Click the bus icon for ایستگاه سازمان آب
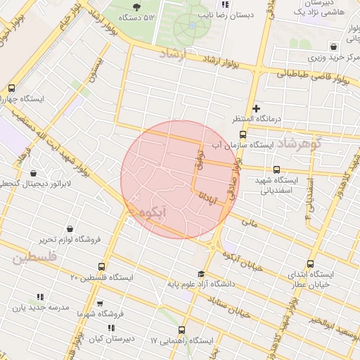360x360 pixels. [x=243, y=134]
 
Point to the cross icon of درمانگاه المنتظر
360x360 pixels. [x=257, y=109]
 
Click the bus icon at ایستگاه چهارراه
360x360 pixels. [x=12, y=89]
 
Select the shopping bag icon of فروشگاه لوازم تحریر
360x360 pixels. [x=70, y=229]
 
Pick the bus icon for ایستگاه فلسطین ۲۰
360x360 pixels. [x=102, y=267]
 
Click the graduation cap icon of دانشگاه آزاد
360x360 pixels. [x=201, y=274]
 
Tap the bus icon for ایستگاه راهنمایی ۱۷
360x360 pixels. [x=182, y=330]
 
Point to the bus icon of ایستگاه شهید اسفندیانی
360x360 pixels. [x=276, y=169]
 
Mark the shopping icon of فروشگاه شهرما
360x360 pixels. [x=100, y=303]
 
